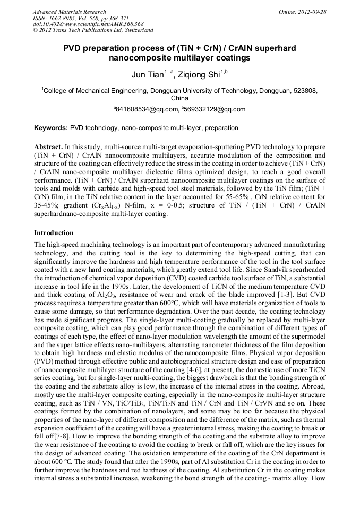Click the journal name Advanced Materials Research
(x=69, y=12)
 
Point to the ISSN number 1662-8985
(x=61, y=18)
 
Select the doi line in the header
(x=88, y=24)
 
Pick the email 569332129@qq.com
(x=216, y=109)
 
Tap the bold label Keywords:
(x=50, y=128)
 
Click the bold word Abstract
(x=48, y=146)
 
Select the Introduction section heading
(x=54, y=233)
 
